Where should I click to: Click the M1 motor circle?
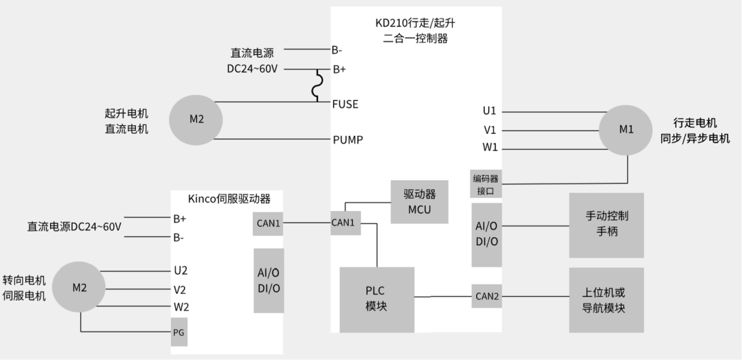627,129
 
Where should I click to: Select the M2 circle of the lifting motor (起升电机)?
196,120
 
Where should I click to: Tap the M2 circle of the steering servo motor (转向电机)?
80,288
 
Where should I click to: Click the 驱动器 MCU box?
419,202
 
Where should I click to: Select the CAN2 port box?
487,297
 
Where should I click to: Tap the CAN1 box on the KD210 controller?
346,223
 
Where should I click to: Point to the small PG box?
179,332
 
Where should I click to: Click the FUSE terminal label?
346,104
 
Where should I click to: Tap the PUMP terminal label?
348,140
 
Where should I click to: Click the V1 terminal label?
490,129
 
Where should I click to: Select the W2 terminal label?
181,306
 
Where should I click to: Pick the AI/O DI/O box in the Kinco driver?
269,280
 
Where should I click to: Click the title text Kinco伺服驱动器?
229,199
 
